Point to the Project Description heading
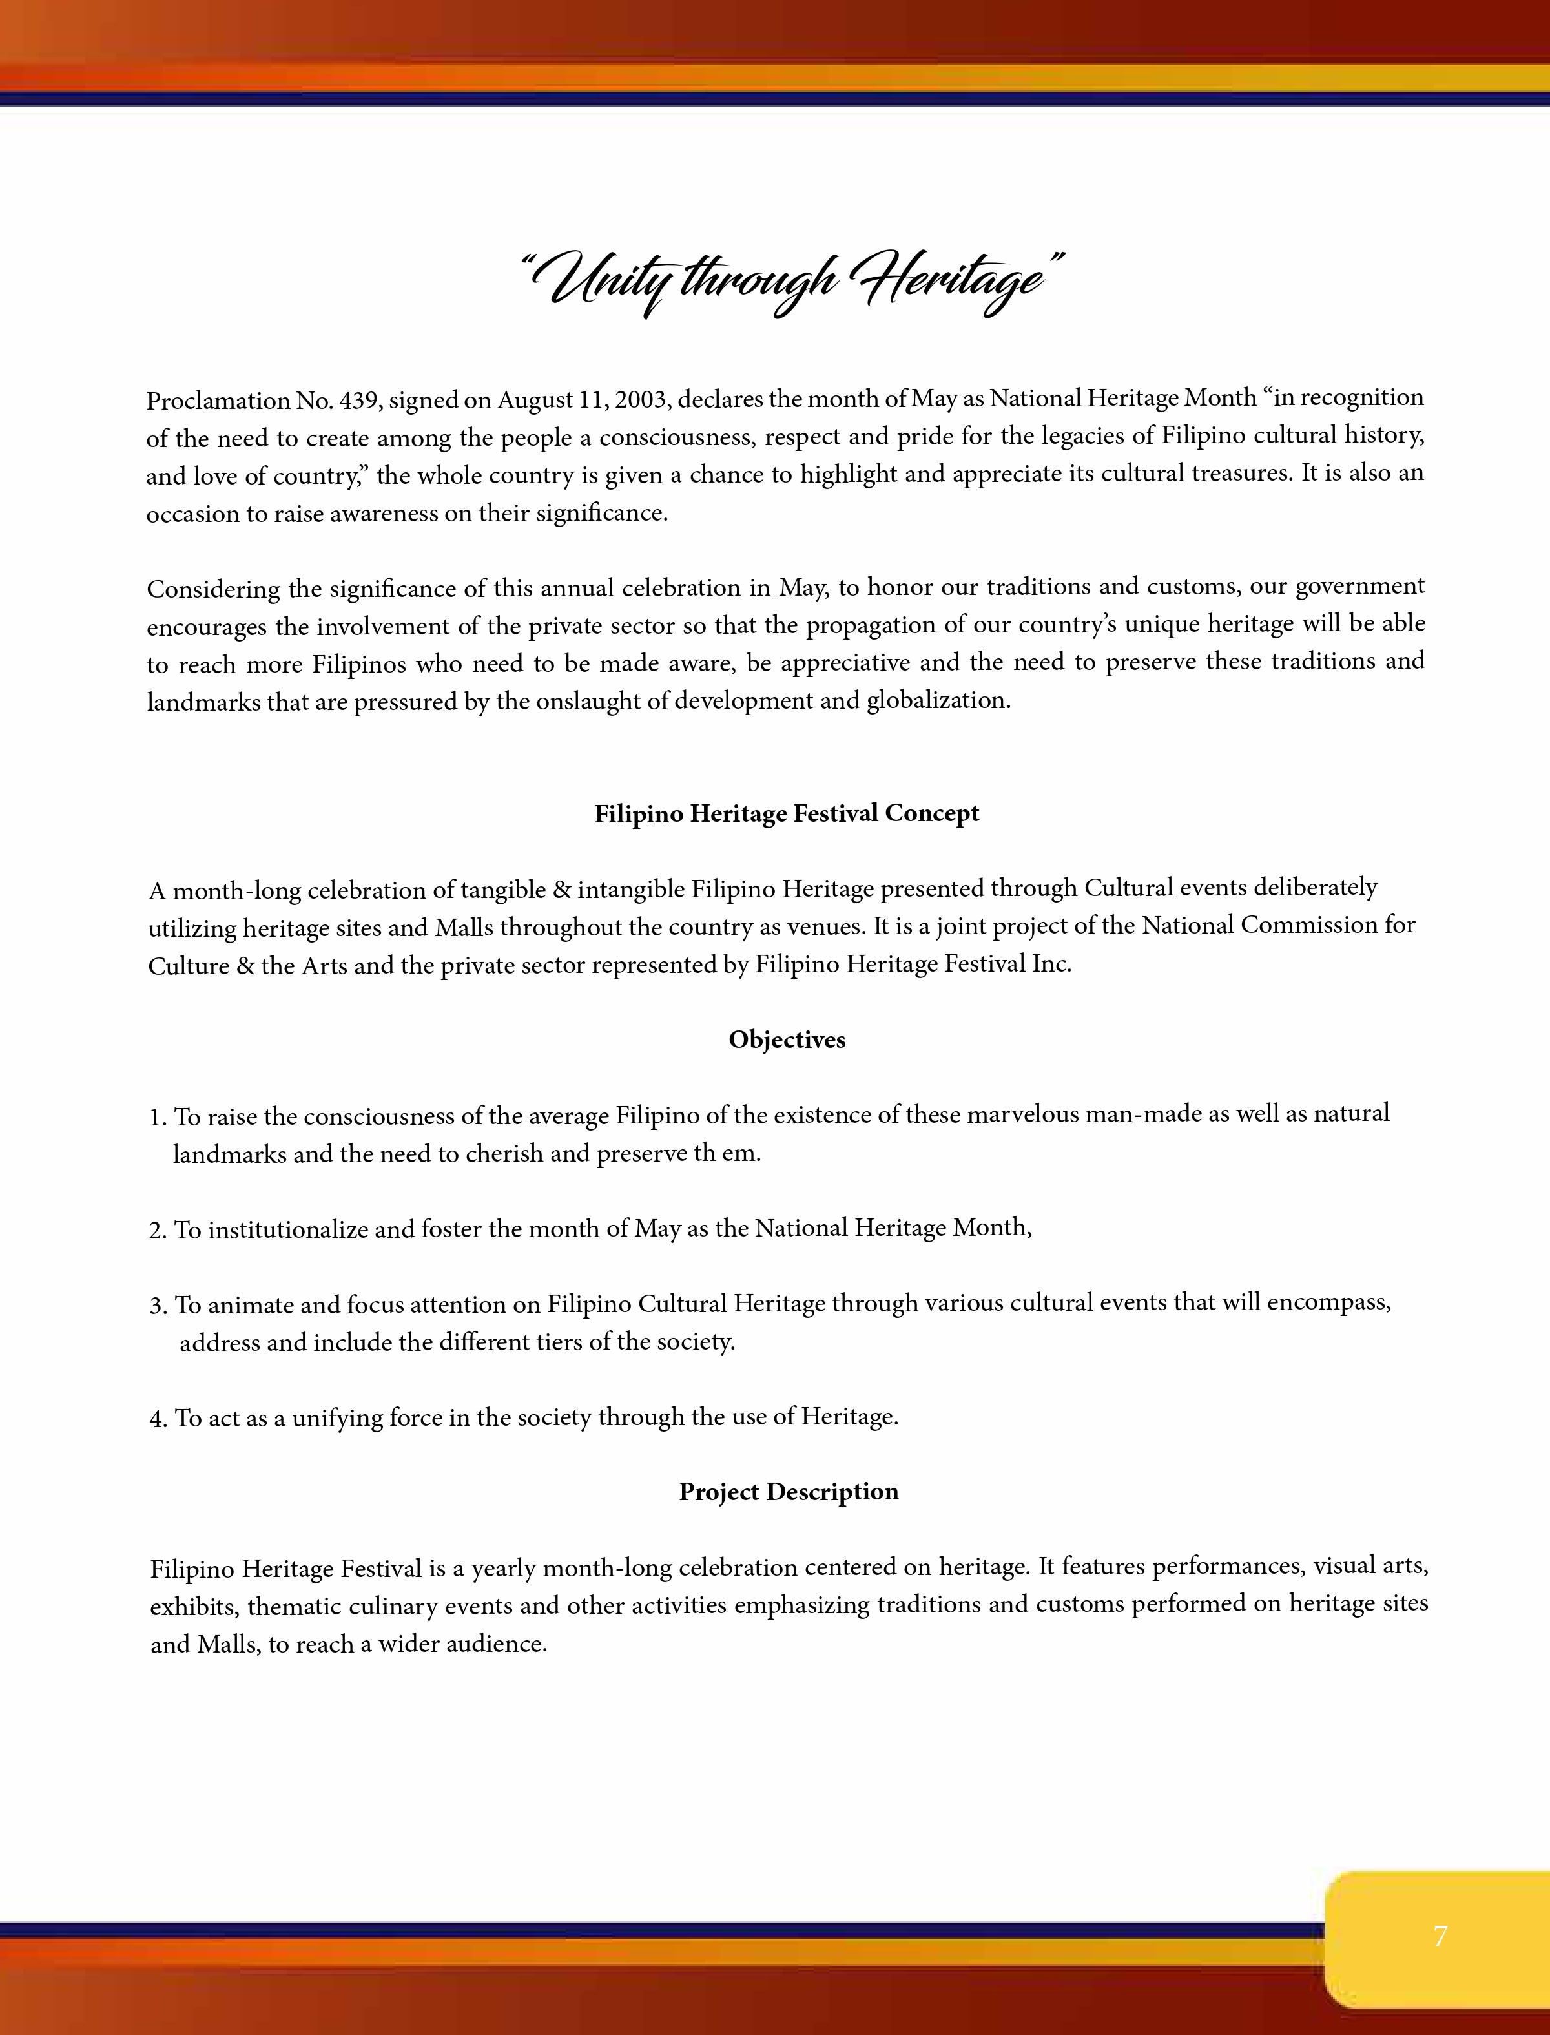pos(788,1492)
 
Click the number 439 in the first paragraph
pos(360,401)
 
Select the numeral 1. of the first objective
pos(158,1118)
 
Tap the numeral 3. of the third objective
pos(158,1306)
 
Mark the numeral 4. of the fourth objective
pos(158,1419)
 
